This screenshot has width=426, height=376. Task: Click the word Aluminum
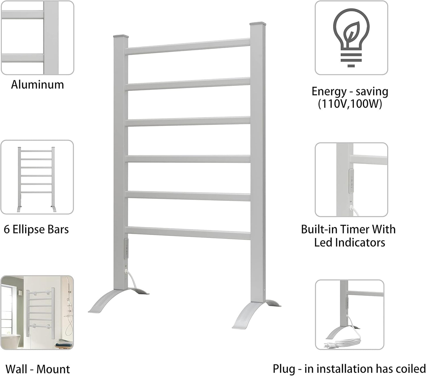(x=37, y=85)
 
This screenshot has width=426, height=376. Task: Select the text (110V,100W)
(x=350, y=104)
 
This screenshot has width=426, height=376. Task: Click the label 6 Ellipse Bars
(x=36, y=229)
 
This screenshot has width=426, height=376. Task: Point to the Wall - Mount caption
(x=38, y=369)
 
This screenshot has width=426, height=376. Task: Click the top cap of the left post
(x=121, y=36)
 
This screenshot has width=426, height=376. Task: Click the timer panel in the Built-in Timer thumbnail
(x=351, y=181)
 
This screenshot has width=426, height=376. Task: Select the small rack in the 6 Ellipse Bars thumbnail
(x=36, y=178)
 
